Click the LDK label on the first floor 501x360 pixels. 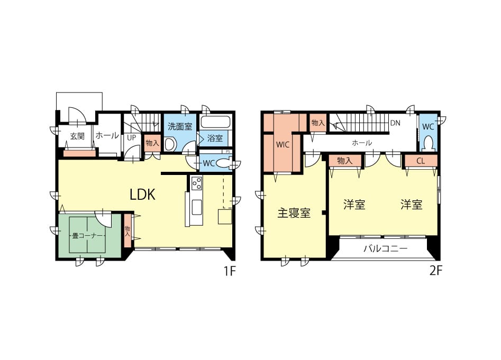click(142, 194)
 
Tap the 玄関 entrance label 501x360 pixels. click(77, 136)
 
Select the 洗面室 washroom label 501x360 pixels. click(180, 126)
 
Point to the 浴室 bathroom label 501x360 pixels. click(215, 138)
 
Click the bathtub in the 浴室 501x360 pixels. click(216, 122)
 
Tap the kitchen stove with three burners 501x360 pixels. click(196, 183)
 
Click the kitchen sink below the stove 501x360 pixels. click(196, 207)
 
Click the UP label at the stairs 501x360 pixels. click(131, 138)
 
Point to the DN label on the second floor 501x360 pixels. click(395, 123)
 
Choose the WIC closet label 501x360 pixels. click(283, 144)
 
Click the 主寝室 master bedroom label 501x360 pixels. click(294, 213)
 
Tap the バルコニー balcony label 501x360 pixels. click(385, 248)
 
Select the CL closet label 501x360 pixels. click(421, 161)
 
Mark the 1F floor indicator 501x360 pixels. click(229, 271)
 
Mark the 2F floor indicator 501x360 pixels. click(436, 271)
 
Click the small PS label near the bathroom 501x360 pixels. click(228, 152)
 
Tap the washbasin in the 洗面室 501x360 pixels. click(170, 144)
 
